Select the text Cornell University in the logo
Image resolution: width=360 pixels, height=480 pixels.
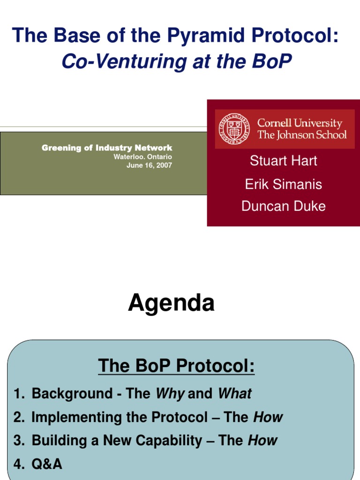(300, 123)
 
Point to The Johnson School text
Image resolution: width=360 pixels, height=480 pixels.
(302, 135)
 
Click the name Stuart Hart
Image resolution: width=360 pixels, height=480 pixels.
(283, 161)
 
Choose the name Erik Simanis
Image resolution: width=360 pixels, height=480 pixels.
(283, 184)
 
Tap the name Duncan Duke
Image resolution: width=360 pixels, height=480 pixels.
(283, 206)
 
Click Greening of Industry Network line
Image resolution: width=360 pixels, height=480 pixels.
(107, 148)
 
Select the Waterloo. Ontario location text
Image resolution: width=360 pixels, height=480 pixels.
(142, 157)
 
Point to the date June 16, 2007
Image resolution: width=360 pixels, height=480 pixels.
(149, 165)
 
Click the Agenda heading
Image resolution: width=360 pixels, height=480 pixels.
(171, 303)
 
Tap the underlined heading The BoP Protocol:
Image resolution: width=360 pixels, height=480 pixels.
(176, 366)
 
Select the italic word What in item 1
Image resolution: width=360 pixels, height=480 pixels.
(234, 394)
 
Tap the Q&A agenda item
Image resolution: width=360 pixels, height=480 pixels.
(47, 464)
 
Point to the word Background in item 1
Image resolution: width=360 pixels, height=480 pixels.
(69, 394)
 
